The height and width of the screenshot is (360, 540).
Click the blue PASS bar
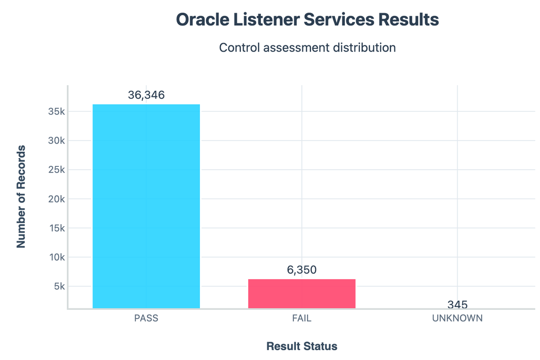click(146, 206)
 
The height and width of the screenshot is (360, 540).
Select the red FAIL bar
click(302, 293)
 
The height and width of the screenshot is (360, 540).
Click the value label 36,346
click(146, 95)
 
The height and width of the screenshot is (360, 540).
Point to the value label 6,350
click(302, 270)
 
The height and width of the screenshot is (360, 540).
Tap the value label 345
click(457, 305)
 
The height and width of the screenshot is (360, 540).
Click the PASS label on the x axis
click(146, 319)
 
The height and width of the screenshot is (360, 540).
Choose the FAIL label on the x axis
click(302, 319)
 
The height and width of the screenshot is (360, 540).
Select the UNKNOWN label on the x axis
click(457, 319)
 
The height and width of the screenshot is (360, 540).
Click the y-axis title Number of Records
click(21, 197)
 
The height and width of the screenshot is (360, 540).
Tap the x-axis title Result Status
click(302, 346)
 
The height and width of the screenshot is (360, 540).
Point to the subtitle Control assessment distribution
click(307, 48)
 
